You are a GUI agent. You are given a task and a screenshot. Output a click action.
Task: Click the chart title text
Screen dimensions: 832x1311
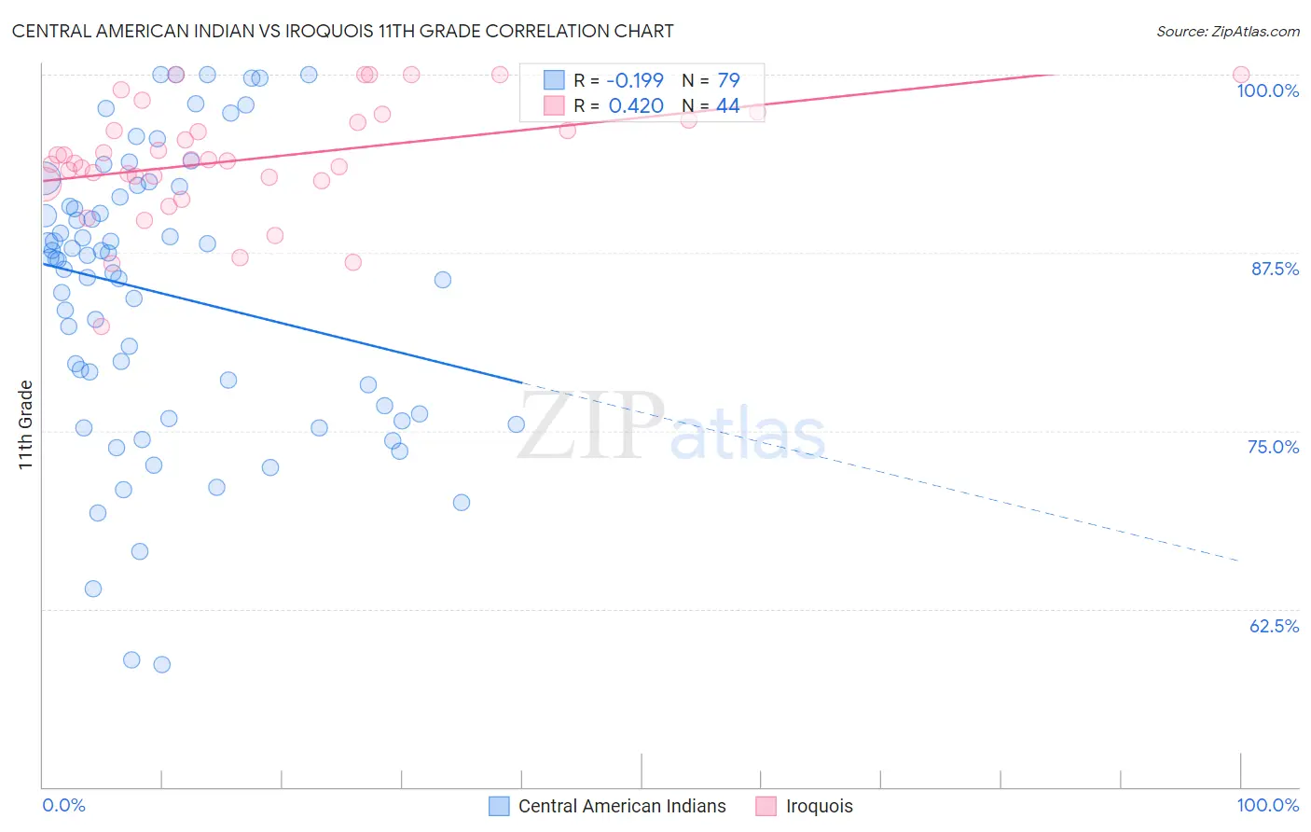point(342,31)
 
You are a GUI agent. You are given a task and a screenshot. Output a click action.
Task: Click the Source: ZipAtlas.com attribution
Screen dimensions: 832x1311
point(1227,31)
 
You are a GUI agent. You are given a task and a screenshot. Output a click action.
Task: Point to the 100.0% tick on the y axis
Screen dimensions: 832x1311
point(1267,90)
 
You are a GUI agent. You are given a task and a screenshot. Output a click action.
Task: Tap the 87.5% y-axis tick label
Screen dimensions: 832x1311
point(1275,269)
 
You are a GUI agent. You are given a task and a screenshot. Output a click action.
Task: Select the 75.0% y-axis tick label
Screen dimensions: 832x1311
point(1273,447)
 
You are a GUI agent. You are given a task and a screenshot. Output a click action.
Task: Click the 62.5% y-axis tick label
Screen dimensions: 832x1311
point(1274,626)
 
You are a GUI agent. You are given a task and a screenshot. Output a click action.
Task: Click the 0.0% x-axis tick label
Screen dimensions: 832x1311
point(63,805)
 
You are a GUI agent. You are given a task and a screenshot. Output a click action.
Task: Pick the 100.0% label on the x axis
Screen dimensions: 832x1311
point(1267,805)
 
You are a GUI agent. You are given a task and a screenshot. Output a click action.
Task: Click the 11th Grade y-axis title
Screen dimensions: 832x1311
point(25,424)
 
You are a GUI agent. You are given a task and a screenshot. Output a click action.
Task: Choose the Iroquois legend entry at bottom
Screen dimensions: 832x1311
point(819,806)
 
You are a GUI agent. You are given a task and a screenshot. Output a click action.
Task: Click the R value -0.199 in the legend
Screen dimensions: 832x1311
point(635,80)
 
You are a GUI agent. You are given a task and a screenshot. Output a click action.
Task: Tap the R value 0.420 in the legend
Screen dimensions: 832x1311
point(636,106)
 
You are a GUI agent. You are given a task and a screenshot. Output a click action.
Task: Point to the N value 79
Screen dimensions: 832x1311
point(728,80)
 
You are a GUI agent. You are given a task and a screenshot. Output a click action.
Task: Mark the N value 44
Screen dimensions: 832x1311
point(728,106)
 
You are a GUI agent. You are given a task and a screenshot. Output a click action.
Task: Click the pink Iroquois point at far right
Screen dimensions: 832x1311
point(1240,75)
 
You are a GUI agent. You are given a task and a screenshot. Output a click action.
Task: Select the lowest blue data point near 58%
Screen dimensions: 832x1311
point(161,664)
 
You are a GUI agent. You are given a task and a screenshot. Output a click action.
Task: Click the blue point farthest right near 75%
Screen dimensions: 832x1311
point(516,424)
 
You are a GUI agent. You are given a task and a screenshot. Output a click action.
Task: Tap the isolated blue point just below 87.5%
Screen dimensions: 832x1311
point(443,280)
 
